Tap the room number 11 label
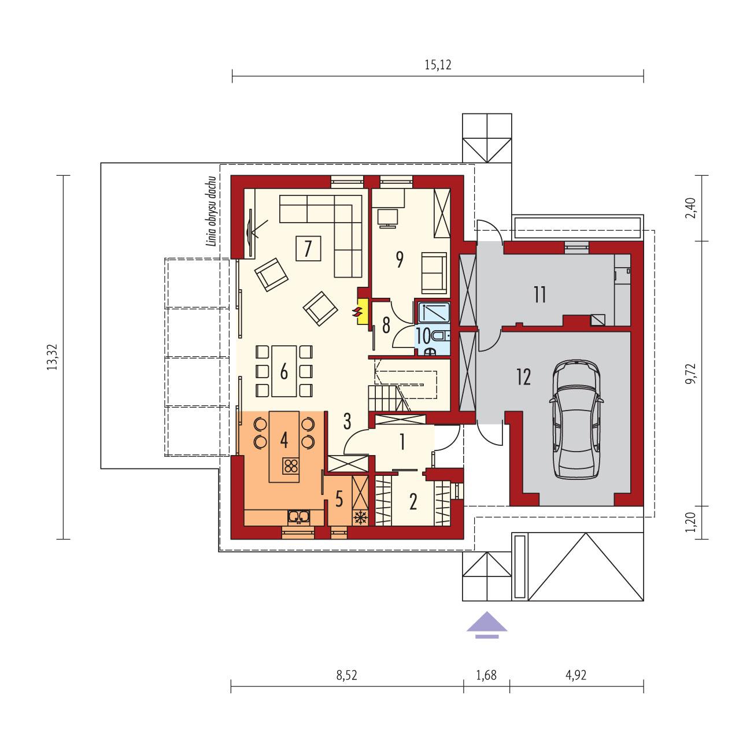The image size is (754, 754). point(539,295)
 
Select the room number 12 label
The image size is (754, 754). point(523,377)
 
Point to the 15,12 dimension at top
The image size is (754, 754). point(438,65)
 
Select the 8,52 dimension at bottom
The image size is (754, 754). point(347,674)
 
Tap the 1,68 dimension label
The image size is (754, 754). point(486,674)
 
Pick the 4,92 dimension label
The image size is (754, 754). point(576,674)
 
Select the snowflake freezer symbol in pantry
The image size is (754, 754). point(360,516)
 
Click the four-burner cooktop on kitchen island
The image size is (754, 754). point(290,465)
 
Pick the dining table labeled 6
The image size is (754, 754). point(284,371)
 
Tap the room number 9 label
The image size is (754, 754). point(399,260)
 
